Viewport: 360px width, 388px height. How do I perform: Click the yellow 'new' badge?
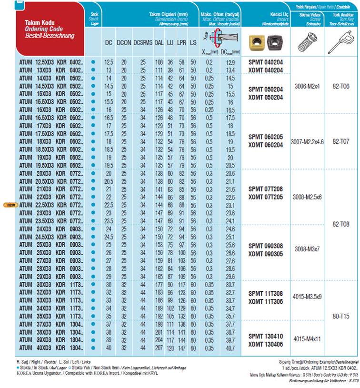(x=10, y=205)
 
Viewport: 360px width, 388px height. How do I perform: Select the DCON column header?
(x=124, y=42)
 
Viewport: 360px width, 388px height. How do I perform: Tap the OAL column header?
(x=159, y=42)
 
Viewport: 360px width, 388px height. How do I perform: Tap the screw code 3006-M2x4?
(x=307, y=87)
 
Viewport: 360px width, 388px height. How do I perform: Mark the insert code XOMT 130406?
(x=266, y=343)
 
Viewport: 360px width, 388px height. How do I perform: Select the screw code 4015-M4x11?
(x=307, y=339)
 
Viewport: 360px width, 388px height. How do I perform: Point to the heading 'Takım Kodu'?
(x=40, y=22)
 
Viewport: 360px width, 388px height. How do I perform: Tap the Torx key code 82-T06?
(x=341, y=87)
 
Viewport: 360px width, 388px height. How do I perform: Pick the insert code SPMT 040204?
(x=266, y=62)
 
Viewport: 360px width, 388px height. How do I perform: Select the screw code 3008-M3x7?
(x=307, y=249)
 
